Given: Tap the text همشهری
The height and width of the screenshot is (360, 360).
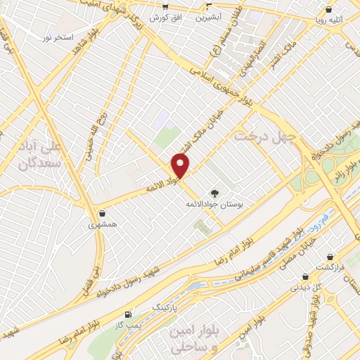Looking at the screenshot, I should pyautogui.click(x=103, y=226).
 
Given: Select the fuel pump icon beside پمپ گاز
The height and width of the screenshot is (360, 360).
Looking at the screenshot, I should pyautogui.click(x=127, y=313).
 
